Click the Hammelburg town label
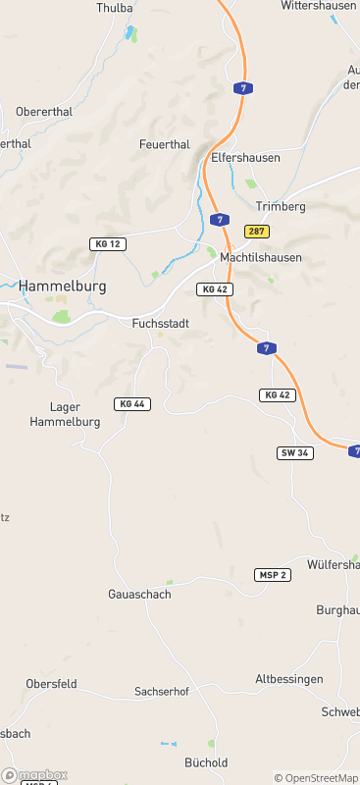[62, 286]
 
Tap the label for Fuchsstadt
[160, 322]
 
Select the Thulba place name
[115, 8]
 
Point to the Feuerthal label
[164, 144]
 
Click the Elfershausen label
[245, 157]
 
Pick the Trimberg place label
[281, 206]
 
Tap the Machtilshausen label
[261, 257]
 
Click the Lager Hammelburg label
[76, 414]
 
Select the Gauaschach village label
[139, 595]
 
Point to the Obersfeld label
[51, 683]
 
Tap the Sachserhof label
[161, 692]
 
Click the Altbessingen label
[289, 679]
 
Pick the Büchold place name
[206, 762]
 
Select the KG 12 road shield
[108, 243]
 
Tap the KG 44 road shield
[132, 404]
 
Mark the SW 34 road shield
[294, 452]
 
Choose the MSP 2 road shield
[273, 574]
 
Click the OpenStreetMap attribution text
[316, 778]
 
